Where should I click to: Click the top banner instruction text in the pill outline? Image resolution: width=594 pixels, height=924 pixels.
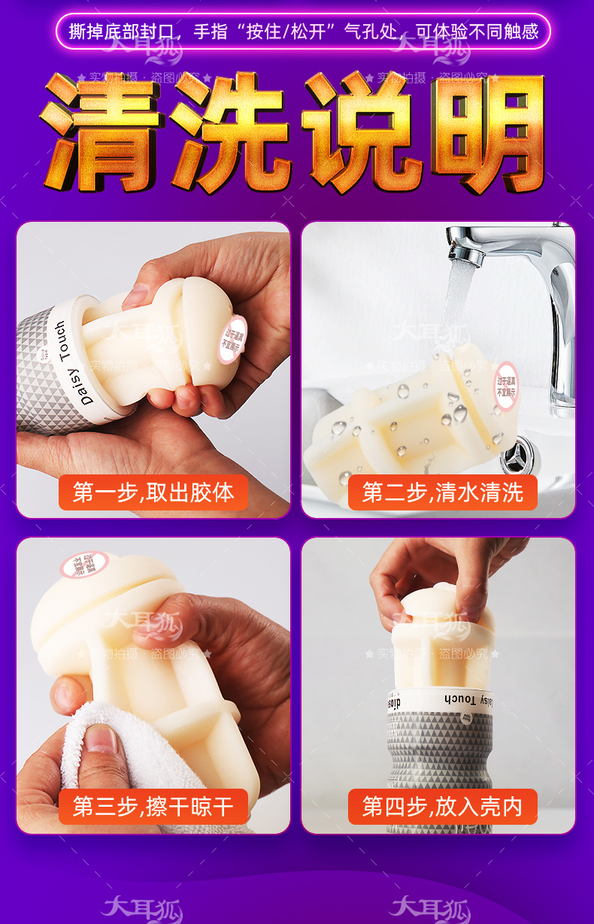(x=303, y=32)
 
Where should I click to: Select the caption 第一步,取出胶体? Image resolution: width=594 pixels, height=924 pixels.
(x=153, y=492)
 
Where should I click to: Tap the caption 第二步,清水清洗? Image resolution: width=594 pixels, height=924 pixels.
(x=442, y=492)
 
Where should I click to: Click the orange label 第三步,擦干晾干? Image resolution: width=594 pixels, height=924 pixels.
(x=153, y=807)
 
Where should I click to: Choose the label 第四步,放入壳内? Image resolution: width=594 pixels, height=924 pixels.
(x=442, y=807)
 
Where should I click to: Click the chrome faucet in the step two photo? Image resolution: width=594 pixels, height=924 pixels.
(x=526, y=256)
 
